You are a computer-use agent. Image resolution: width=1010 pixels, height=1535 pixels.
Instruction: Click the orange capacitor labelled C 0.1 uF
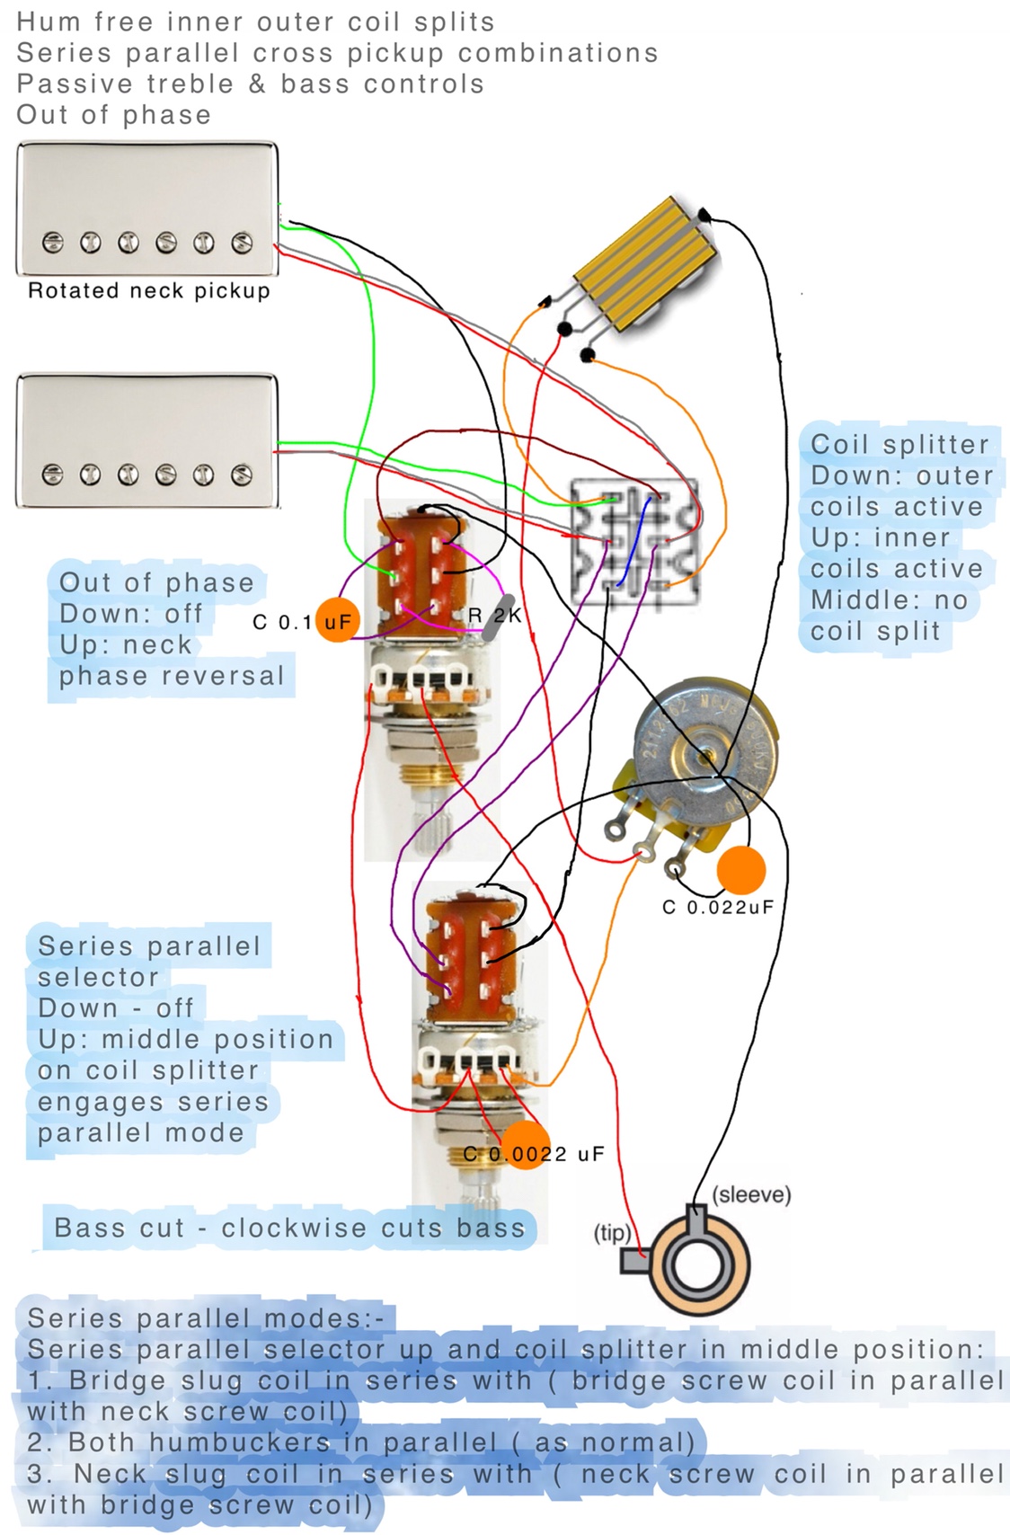pyautogui.click(x=337, y=619)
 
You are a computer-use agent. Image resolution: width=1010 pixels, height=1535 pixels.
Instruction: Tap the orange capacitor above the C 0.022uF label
pyautogui.click(x=740, y=869)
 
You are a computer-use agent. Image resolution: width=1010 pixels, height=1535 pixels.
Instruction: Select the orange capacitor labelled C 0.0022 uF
pyautogui.click(x=525, y=1145)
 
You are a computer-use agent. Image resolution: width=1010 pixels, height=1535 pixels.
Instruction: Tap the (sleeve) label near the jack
pyautogui.click(x=751, y=1195)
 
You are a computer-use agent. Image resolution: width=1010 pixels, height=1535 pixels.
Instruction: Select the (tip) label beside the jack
pyautogui.click(x=612, y=1232)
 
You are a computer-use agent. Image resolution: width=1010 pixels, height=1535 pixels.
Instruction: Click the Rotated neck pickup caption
pyautogui.click(x=149, y=290)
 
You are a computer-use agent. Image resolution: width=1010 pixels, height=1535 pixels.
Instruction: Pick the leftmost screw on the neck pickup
pyautogui.click(x=53, y=243)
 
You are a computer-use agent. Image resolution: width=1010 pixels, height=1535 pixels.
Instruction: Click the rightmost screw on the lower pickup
pyautogui.click(x=241, y=475)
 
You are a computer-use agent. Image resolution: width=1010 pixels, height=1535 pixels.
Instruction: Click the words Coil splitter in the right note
pyautogui.click(x=899, y=444)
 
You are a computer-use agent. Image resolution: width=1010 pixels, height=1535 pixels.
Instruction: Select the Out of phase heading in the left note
pyautogui.click(x=156, y=582)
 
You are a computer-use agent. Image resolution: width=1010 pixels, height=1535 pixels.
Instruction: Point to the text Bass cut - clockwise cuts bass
pyautogui.click(x=289, y=1228)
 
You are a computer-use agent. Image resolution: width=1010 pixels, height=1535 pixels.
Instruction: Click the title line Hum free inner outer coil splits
pyautogui.click(x=255, y=22)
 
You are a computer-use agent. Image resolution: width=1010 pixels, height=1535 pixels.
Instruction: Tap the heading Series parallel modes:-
pyautogui.click(x=206, y=1318)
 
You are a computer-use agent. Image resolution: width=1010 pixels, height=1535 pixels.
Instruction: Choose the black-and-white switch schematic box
pyautogui.click(x=634, y=541)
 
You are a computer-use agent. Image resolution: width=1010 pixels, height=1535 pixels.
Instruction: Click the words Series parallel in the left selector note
pyautogui.click(x=149, y=946)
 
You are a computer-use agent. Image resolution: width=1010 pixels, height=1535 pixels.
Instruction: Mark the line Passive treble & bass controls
pyautogui.click(x=250, y=84)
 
